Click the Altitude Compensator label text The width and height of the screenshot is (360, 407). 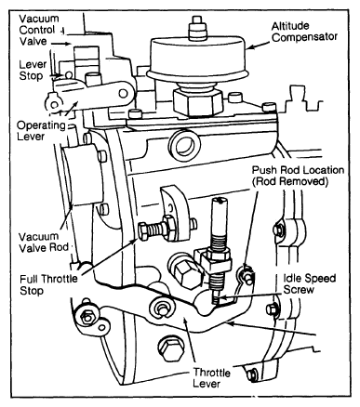(304, 32)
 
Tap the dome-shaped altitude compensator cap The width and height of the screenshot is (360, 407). (198, 59)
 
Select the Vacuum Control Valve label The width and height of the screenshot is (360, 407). (38, 30)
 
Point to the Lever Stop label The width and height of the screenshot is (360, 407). (33, 70)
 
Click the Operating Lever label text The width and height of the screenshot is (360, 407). (41, 131)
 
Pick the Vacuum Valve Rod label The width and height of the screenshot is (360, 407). (44, 242)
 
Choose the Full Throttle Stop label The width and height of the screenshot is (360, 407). (48, 284)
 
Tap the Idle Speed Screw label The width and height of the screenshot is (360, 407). (309, 283)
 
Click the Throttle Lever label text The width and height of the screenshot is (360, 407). (211, 377)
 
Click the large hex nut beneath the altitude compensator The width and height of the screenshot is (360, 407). (197, 101)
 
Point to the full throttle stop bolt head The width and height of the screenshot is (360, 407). (143, 231)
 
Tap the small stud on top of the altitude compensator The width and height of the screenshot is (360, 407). (196, 28)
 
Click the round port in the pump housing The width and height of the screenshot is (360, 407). (186, 145)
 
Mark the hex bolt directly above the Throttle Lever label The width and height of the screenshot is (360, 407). (170, 349)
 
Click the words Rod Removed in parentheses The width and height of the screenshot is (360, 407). (290, 181)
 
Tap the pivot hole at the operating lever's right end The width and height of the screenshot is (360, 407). (123, 93)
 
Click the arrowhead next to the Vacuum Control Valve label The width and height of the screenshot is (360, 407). (68, 44)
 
